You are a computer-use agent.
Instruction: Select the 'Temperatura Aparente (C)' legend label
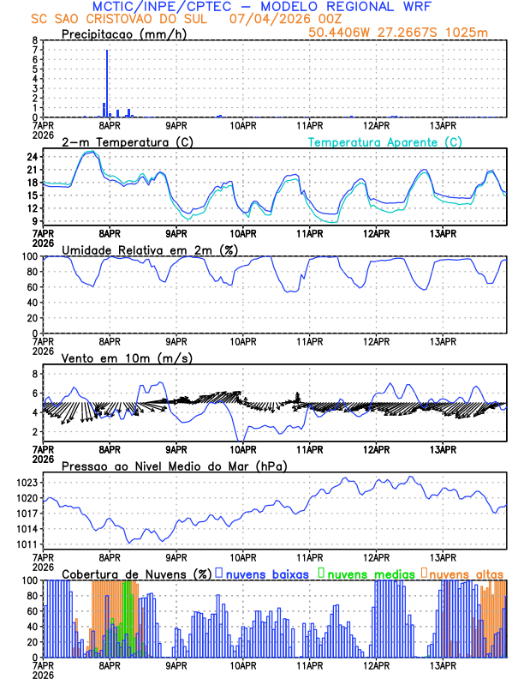click(385, 142)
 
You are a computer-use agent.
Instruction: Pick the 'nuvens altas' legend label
click(466, 573)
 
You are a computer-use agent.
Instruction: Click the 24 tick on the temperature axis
click(31, 157)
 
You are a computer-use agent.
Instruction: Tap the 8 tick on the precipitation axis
click(34, 40)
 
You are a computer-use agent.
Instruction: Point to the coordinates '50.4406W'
click(342, 33)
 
